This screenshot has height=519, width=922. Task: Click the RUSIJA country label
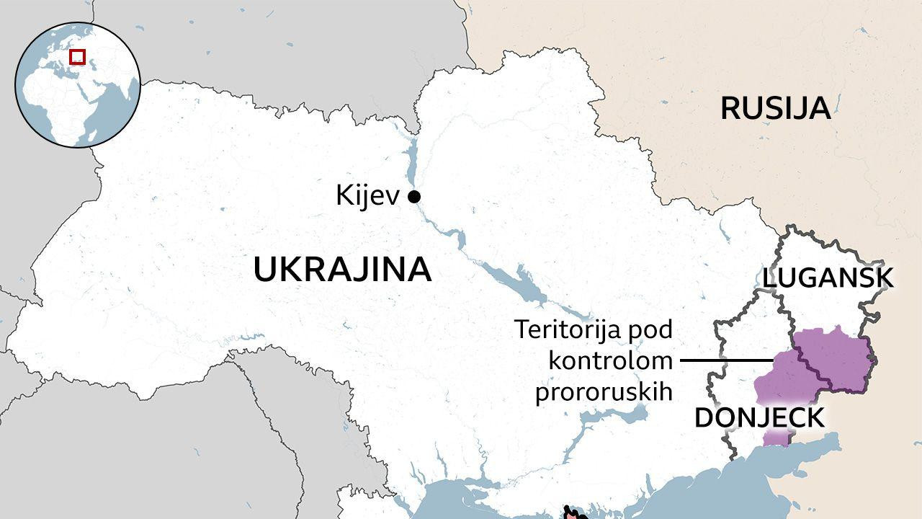click(775, 109)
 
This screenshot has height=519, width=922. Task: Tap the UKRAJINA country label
click(342, 270)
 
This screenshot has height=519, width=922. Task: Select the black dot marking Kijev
click(414, 196)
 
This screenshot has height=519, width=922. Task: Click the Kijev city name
click(367, 196)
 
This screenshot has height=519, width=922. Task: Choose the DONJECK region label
click(759, 418)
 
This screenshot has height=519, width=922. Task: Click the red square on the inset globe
click(77, 56)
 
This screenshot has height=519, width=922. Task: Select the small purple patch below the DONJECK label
click(776, 437)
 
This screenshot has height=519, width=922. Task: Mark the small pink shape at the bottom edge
click(571, 513)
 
